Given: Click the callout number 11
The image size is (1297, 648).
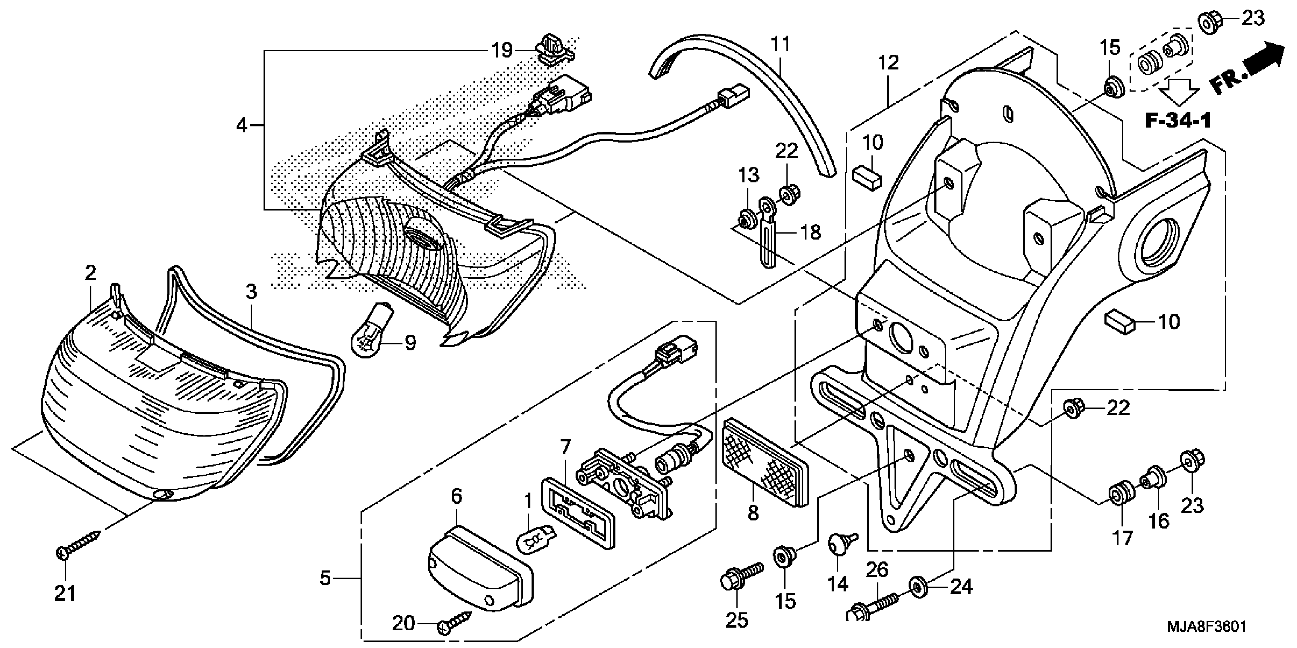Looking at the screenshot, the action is [x=781, y=44].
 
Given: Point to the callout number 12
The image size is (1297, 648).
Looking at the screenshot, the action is [x=888, y=63].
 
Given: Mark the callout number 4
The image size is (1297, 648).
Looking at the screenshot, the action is [x=242, y=125].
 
